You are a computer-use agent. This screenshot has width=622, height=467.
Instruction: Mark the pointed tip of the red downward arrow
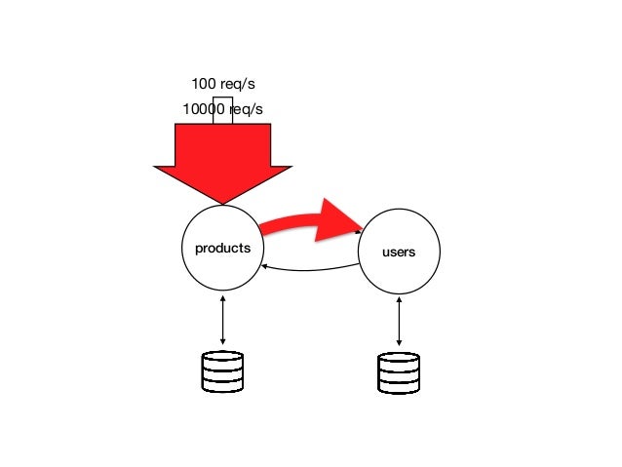pos(223,202)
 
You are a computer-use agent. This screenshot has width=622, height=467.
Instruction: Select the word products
pos(223,248)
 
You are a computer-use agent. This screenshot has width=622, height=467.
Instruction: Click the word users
pos(400,253)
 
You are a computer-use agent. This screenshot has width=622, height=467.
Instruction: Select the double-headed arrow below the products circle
pos(223,318)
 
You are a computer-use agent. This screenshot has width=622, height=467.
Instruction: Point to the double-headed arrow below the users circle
pos(400,321)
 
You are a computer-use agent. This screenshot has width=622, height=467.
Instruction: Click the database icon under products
pos(222,371)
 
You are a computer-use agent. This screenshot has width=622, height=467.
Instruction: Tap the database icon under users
pos(399,373)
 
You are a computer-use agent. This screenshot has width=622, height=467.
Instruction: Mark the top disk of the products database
pos(222,358)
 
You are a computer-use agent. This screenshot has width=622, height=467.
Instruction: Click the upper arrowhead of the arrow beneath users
pos(400,297)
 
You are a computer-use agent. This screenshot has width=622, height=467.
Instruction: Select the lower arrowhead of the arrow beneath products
pos(223,341)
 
